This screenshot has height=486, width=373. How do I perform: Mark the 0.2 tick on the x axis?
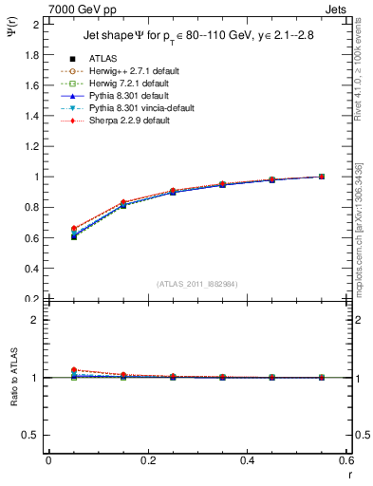pyautogui.click(x=147, y=460)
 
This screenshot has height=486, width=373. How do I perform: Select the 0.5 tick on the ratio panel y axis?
pyautogui.click(x=34, y=435)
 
